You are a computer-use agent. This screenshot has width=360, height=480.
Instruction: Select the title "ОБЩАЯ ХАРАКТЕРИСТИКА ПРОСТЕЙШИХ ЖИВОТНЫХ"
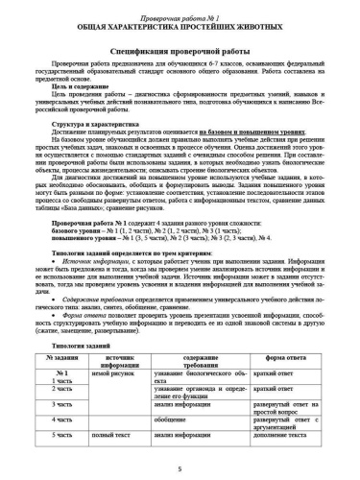[x=180, y=17]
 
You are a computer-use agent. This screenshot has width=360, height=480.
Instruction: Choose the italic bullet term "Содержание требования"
[x=99, y=326]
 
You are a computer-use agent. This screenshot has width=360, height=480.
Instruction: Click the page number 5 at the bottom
[x=180, y=473]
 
